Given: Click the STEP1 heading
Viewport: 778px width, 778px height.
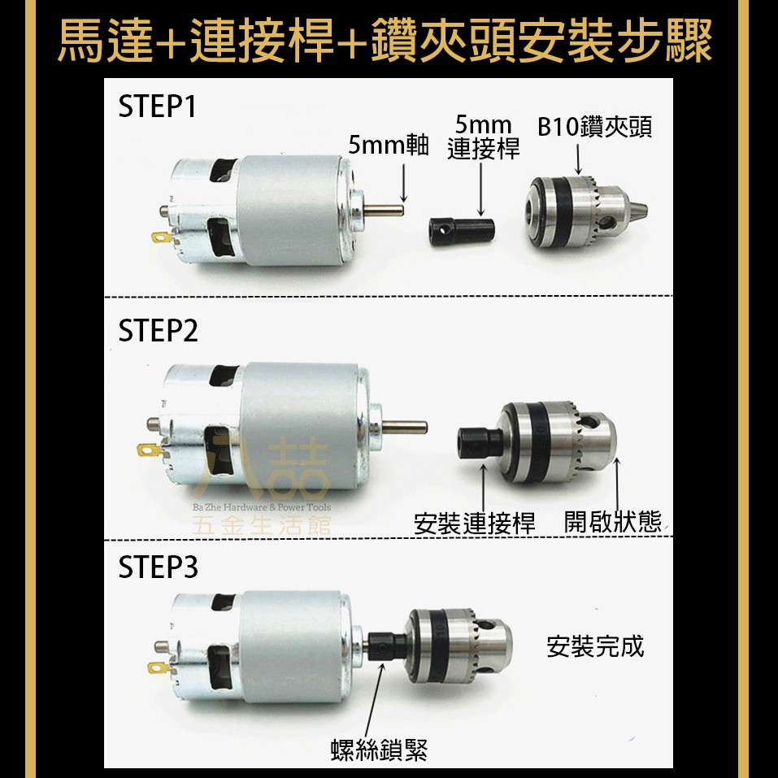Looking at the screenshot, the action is click(x=157, y=106).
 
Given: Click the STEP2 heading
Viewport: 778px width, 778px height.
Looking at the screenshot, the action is click(x=158, y=330).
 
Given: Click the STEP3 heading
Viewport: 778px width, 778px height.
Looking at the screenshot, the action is click(x=158, y=567).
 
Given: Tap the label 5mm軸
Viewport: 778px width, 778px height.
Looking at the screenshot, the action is click(x=388, y=145).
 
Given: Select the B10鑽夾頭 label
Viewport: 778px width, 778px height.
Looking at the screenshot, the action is click(x=594, y=127).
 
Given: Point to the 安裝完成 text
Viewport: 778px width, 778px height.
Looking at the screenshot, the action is click(x=595, y=646).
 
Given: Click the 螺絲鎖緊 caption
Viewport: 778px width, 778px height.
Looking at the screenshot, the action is click(x=379, y=750).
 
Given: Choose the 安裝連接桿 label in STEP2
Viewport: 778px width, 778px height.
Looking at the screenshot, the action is click(x=474, y=524).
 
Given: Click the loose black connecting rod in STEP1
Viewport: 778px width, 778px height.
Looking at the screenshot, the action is click(x=462, y=232).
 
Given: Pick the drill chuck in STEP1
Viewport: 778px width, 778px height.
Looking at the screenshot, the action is click(x=586, y=212).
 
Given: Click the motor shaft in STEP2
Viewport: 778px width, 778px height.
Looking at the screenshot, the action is click(x=404, y=427).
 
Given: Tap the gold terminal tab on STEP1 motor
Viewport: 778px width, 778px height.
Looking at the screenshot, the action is click(x=161, y=237).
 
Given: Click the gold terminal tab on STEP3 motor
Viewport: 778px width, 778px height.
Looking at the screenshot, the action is click(x=159, y=668).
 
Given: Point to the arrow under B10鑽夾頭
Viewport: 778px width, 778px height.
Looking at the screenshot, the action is click(x=578, y=159).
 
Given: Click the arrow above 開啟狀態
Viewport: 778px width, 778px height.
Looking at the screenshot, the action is click(x=617, y=485).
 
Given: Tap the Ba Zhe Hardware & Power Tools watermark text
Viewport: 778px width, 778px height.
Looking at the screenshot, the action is click(x=262, y=507).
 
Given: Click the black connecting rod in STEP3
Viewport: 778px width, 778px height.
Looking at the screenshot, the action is click(x=387, y=646).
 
